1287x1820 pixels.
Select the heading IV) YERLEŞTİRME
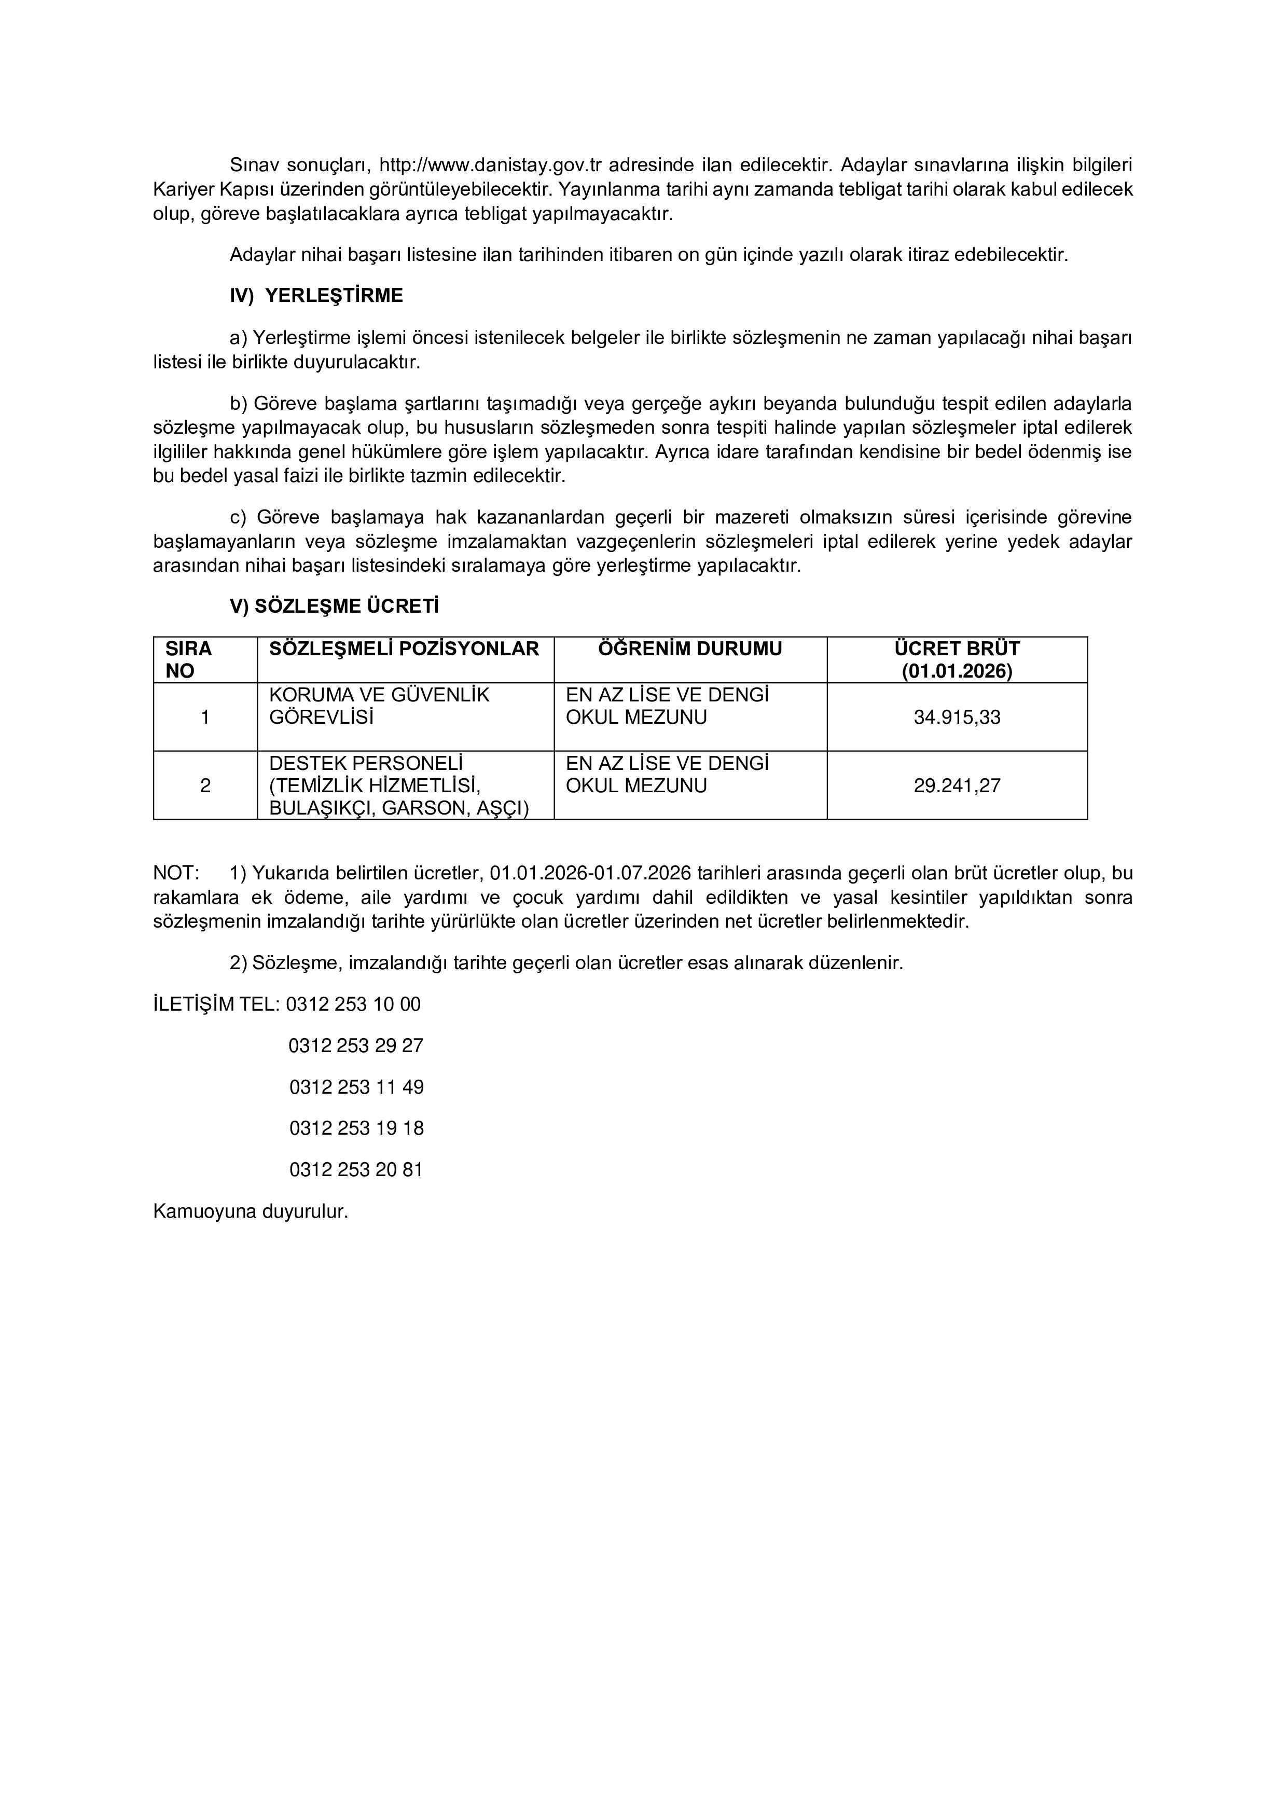pos(316,296)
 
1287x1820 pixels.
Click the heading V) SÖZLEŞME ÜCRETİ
pos(334,606)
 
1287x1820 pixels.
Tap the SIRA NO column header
pos(189,659)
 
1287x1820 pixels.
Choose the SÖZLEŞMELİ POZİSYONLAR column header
pos(404,649)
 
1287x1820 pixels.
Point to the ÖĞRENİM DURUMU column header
pos(689,649)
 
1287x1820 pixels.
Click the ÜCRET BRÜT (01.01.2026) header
pos(957,659)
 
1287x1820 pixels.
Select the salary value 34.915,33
pos(957,718)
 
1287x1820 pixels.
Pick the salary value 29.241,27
pos(957,785)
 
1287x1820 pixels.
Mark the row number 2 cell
pos(205,785)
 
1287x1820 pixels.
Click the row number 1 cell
pos(205,718)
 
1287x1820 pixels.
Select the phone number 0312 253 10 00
pos(353,1004)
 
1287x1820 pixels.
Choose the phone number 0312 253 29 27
pos(356,1045)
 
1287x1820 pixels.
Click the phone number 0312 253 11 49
pos(356,1087)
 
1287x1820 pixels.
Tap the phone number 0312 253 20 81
pos(356,1169)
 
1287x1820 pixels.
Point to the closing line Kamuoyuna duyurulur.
pos(251,1211)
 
